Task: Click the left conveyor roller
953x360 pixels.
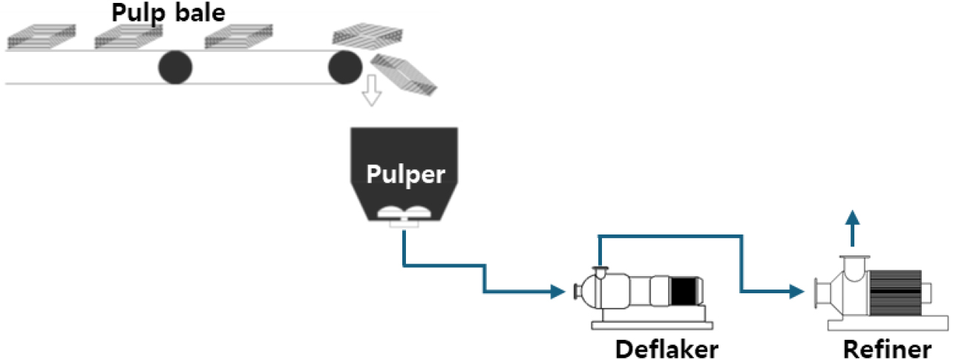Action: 175,68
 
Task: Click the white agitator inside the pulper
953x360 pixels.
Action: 402,214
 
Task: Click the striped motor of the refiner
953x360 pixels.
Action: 896,292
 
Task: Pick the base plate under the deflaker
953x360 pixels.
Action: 652,323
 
